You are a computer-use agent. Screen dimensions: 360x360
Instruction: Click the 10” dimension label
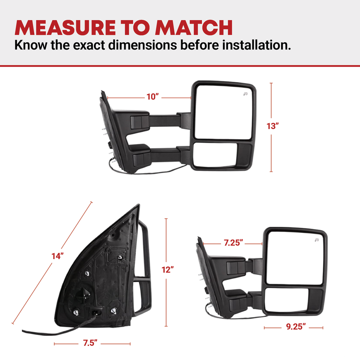pos(153,96)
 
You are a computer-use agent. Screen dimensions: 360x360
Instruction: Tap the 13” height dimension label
pos(273,126)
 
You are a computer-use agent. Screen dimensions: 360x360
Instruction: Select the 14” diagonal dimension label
pos(57,256)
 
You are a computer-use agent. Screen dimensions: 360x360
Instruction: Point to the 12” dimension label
pos(168,270)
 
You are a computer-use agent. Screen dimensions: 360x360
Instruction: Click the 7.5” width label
pos(90,343)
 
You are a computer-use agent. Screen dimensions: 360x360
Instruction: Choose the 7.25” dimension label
pos(233,243)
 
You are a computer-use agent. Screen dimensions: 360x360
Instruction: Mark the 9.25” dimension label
pos(296,327)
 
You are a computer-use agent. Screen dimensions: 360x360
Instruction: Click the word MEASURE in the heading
pos(65,28)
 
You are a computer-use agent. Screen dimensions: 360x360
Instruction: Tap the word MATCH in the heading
pos(194,28)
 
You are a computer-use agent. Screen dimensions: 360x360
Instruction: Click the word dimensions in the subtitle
pos(143,45)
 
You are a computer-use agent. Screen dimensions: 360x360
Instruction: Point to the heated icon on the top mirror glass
pos(246,94)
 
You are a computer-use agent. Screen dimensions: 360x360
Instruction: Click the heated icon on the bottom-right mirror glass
pos(317,240)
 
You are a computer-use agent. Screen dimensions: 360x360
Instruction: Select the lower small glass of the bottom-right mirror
pos(286,300)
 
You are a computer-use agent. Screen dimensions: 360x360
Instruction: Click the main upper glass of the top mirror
pos(224,112)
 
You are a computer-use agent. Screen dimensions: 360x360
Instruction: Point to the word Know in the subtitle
pos(31,45)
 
